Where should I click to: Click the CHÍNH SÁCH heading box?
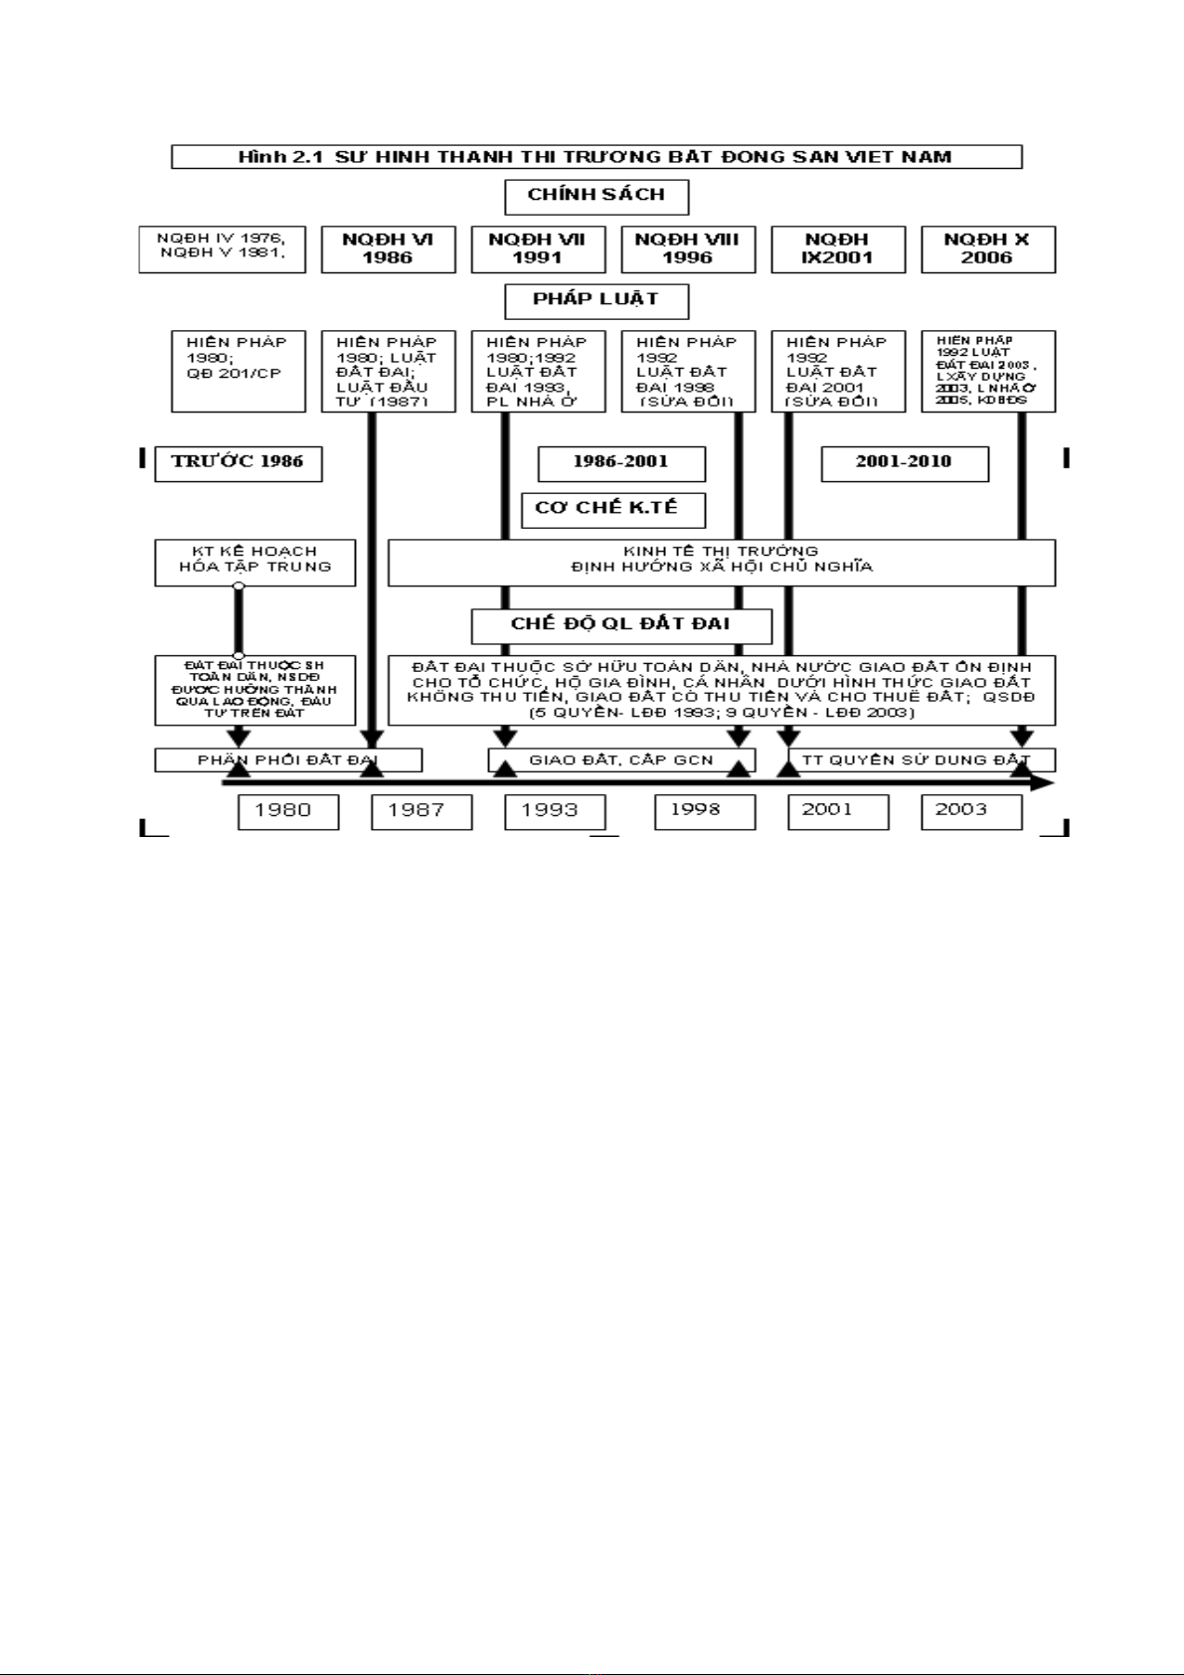[x=595, y=196]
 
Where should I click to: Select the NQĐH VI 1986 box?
[x=388, y=249]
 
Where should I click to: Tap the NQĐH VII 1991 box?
[x=538, y=249]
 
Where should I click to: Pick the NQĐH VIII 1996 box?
[x=687, y=249]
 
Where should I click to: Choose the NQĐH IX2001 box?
[x=837, y=249]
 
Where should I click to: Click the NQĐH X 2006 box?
[x=987, y=249]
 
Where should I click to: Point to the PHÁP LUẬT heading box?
[x=595, y=300]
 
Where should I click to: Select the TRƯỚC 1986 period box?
[x=238, y=462]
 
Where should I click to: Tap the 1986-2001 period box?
[x=620, y=462]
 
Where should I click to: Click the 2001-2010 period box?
[x=904, y=462]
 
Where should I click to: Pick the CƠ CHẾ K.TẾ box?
[x=612, y=509]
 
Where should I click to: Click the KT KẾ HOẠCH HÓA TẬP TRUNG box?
[x=254, y=562]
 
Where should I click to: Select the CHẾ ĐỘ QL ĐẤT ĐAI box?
[x=620, y=625]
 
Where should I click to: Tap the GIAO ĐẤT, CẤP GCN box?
[x=621, y=760]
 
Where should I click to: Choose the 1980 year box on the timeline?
[x=287, y=811]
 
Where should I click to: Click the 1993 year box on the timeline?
[x=554, y=811]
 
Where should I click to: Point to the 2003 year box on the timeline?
[x=970, y=811]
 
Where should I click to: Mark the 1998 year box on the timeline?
[x=704, y=811]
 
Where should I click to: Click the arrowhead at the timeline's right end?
[x=1043, y=783]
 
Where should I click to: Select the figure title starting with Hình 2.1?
[x=595, y=157]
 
